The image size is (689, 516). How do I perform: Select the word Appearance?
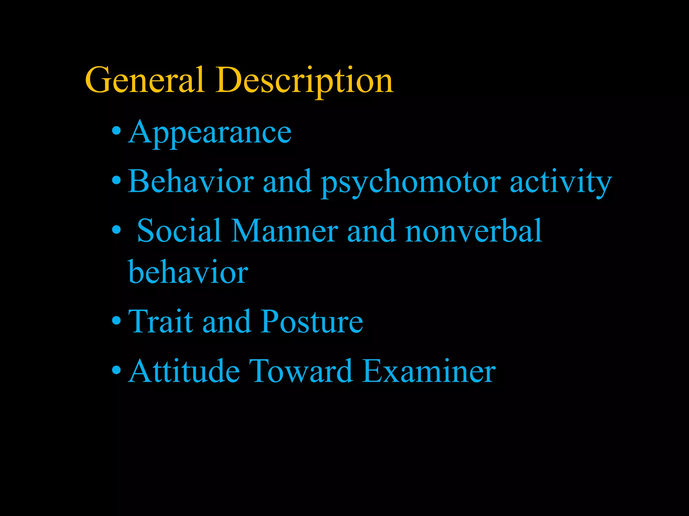[x=210, y=133]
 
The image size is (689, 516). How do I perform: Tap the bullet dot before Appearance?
[x=116, y=131]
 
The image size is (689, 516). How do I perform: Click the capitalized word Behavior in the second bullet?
[x=191, y=181]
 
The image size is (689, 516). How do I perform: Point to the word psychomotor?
[x=411, y=183]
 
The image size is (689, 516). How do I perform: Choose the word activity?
[x=560, y=183]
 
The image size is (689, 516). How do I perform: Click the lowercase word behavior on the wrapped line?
[x=188, y=272]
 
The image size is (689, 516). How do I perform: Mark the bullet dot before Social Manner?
[x=116, y=230]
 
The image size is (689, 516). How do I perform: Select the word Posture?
[x=312, y=321]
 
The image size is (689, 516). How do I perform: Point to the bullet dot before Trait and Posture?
[x=116, y=321]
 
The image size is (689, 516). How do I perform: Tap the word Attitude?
[x=184, y=371]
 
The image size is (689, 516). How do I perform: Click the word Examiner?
[x=429, y=371]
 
